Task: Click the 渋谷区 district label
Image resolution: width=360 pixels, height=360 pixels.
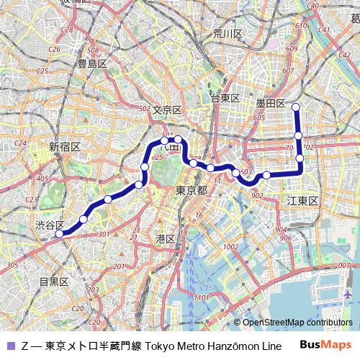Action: (50, 225)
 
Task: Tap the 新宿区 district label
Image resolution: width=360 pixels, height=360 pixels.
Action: (65, 146)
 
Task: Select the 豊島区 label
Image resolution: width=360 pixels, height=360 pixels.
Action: (92, 64)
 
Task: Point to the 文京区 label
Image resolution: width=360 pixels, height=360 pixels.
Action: (167, 110)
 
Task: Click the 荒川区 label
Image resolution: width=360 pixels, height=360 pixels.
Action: (228, 34)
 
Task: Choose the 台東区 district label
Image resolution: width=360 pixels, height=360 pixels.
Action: (225, 98)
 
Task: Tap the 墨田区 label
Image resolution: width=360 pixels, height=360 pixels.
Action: (271, 104)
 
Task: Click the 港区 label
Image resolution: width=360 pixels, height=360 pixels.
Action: (166, 238)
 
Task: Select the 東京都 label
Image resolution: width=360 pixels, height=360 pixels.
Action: (192, 191)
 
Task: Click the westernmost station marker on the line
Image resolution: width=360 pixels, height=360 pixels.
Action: (59, 233)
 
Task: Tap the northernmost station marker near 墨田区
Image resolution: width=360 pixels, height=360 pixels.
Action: (296, 107)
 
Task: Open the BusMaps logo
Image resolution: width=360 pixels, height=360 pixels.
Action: (326, 346)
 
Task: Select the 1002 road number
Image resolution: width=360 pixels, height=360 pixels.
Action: (230, 247)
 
